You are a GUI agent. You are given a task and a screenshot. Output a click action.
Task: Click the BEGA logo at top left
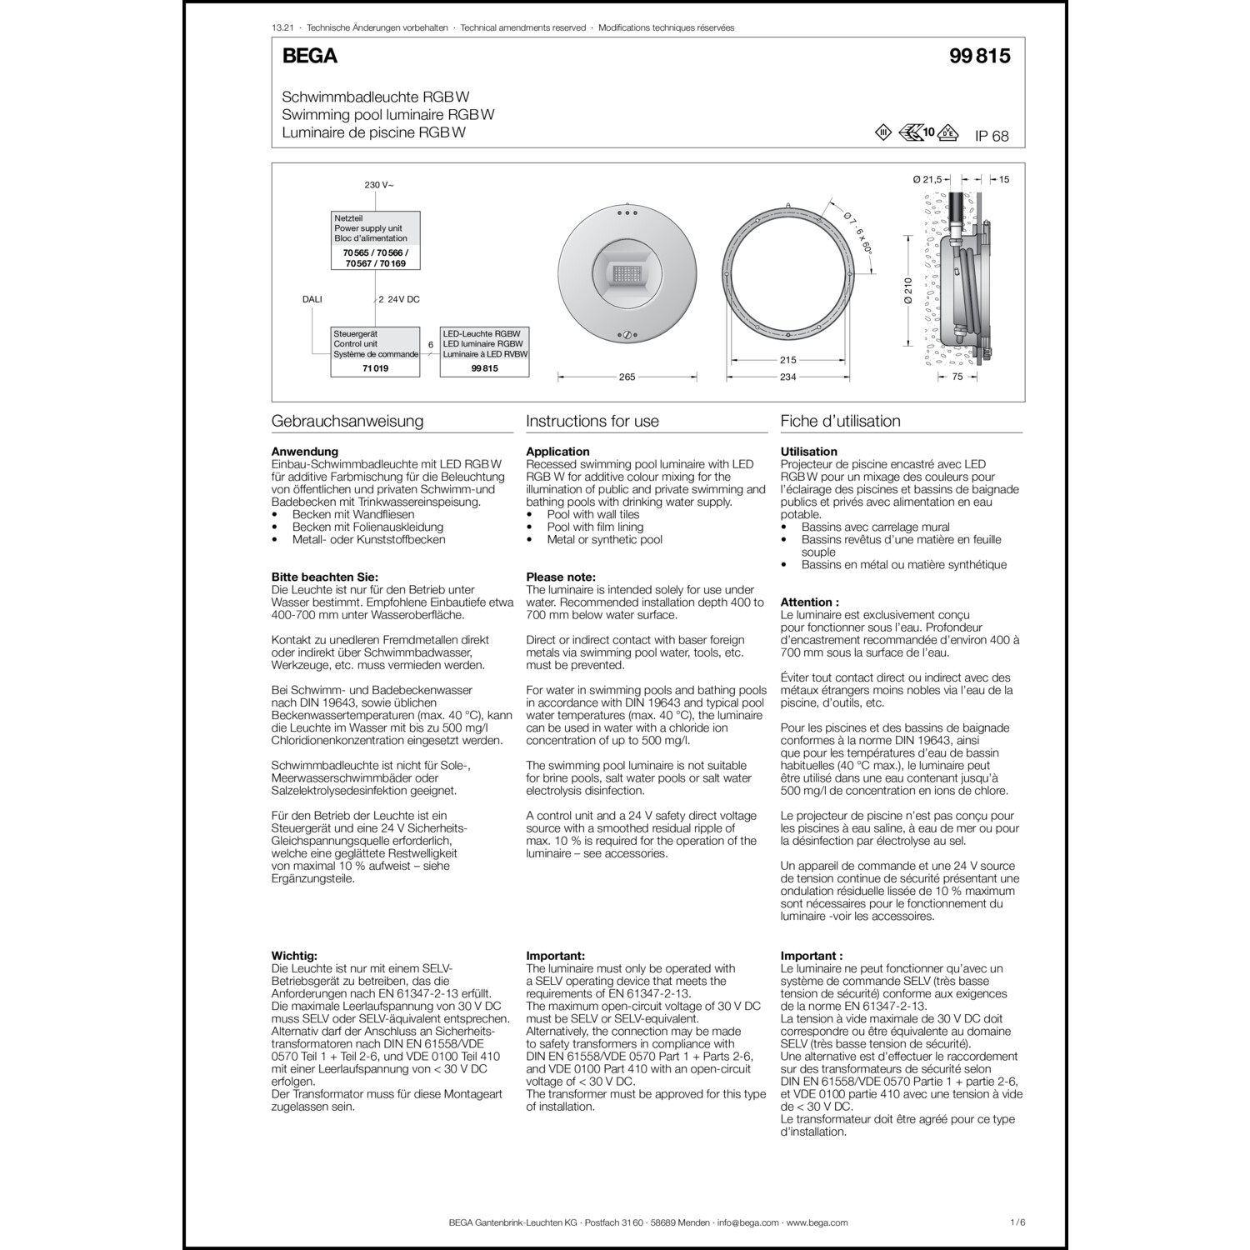coord(310,56)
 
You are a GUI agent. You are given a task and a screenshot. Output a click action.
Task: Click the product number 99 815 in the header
coord(979,56)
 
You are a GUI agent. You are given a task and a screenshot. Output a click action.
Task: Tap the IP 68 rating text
coord(992,136)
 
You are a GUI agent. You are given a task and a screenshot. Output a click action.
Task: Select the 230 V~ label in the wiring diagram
coord(379,185)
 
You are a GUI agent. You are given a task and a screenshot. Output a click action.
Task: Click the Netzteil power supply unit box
coord(376,240)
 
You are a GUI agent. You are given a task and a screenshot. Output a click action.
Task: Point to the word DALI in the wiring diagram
coord(312,298)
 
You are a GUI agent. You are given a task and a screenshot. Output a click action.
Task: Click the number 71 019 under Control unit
coord(376,368)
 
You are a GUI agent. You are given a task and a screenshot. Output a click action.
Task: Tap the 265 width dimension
coord(627,377)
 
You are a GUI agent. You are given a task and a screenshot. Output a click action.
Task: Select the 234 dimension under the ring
coord(787,377)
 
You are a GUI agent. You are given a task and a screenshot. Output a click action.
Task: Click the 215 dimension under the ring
coord(787,360)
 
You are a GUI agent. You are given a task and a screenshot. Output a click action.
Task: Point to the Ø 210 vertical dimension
coord(908,291)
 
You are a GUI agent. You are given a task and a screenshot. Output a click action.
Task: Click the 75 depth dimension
coord(957,377)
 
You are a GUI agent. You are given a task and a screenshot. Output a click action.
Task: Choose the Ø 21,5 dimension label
coord(927,179)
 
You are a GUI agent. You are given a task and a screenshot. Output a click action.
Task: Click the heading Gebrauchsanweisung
coord(347,421)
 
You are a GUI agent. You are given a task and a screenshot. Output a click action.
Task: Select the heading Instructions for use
coord(592,421)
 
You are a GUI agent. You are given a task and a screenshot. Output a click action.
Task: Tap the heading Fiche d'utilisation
coord(840,421)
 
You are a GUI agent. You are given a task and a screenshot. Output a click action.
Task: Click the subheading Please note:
coord(561,577)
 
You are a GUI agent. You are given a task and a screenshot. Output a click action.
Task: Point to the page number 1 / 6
coord(1017,1222)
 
